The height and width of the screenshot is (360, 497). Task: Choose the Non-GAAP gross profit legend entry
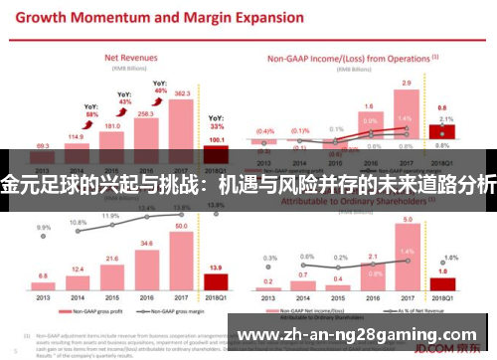click(84, 311)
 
